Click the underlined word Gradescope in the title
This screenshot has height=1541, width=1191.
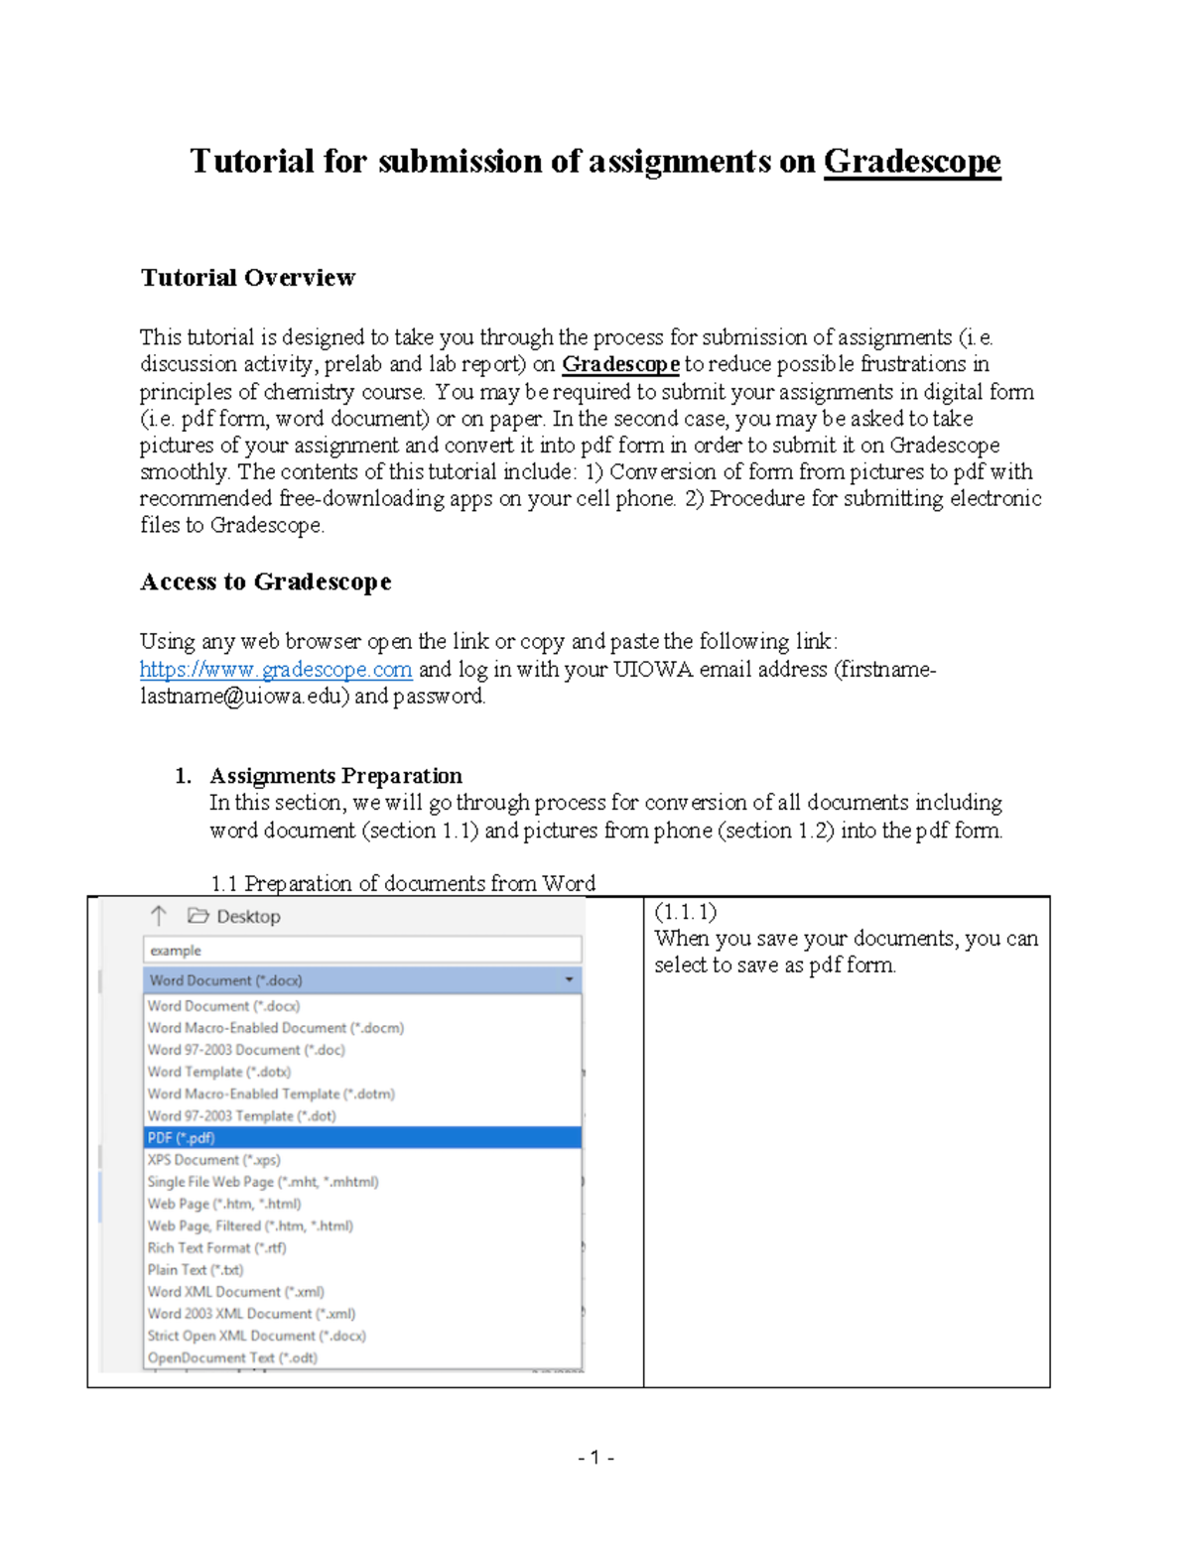coord(911,162)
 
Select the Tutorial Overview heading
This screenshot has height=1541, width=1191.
coord(247,278)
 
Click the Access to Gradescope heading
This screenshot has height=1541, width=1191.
coord(265,581)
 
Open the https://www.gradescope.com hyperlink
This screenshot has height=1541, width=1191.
coord(275,670)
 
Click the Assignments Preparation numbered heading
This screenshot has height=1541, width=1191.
coord(335,776)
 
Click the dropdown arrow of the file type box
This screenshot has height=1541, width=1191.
coord(569,980)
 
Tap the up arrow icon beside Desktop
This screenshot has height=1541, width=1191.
coord(159,916)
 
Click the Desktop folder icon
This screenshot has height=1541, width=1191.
coord(198,916)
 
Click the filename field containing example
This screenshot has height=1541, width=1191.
coord(361,951)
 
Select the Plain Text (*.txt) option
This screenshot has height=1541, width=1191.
coord(196,1270)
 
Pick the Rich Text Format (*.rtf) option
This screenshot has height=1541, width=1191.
coord(216,1248)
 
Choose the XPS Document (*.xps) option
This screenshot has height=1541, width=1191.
coord(213,1160)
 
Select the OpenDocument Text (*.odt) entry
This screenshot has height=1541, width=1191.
coord(232,1358)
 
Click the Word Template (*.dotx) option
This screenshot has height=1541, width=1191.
coord(218,1072)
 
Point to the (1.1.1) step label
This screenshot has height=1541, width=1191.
coord(685,912)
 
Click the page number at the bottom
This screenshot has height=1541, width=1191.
coord(595,1458)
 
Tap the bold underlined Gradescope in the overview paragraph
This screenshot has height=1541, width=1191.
coord(620,365)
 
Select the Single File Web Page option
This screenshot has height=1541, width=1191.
coord(262,1182)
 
